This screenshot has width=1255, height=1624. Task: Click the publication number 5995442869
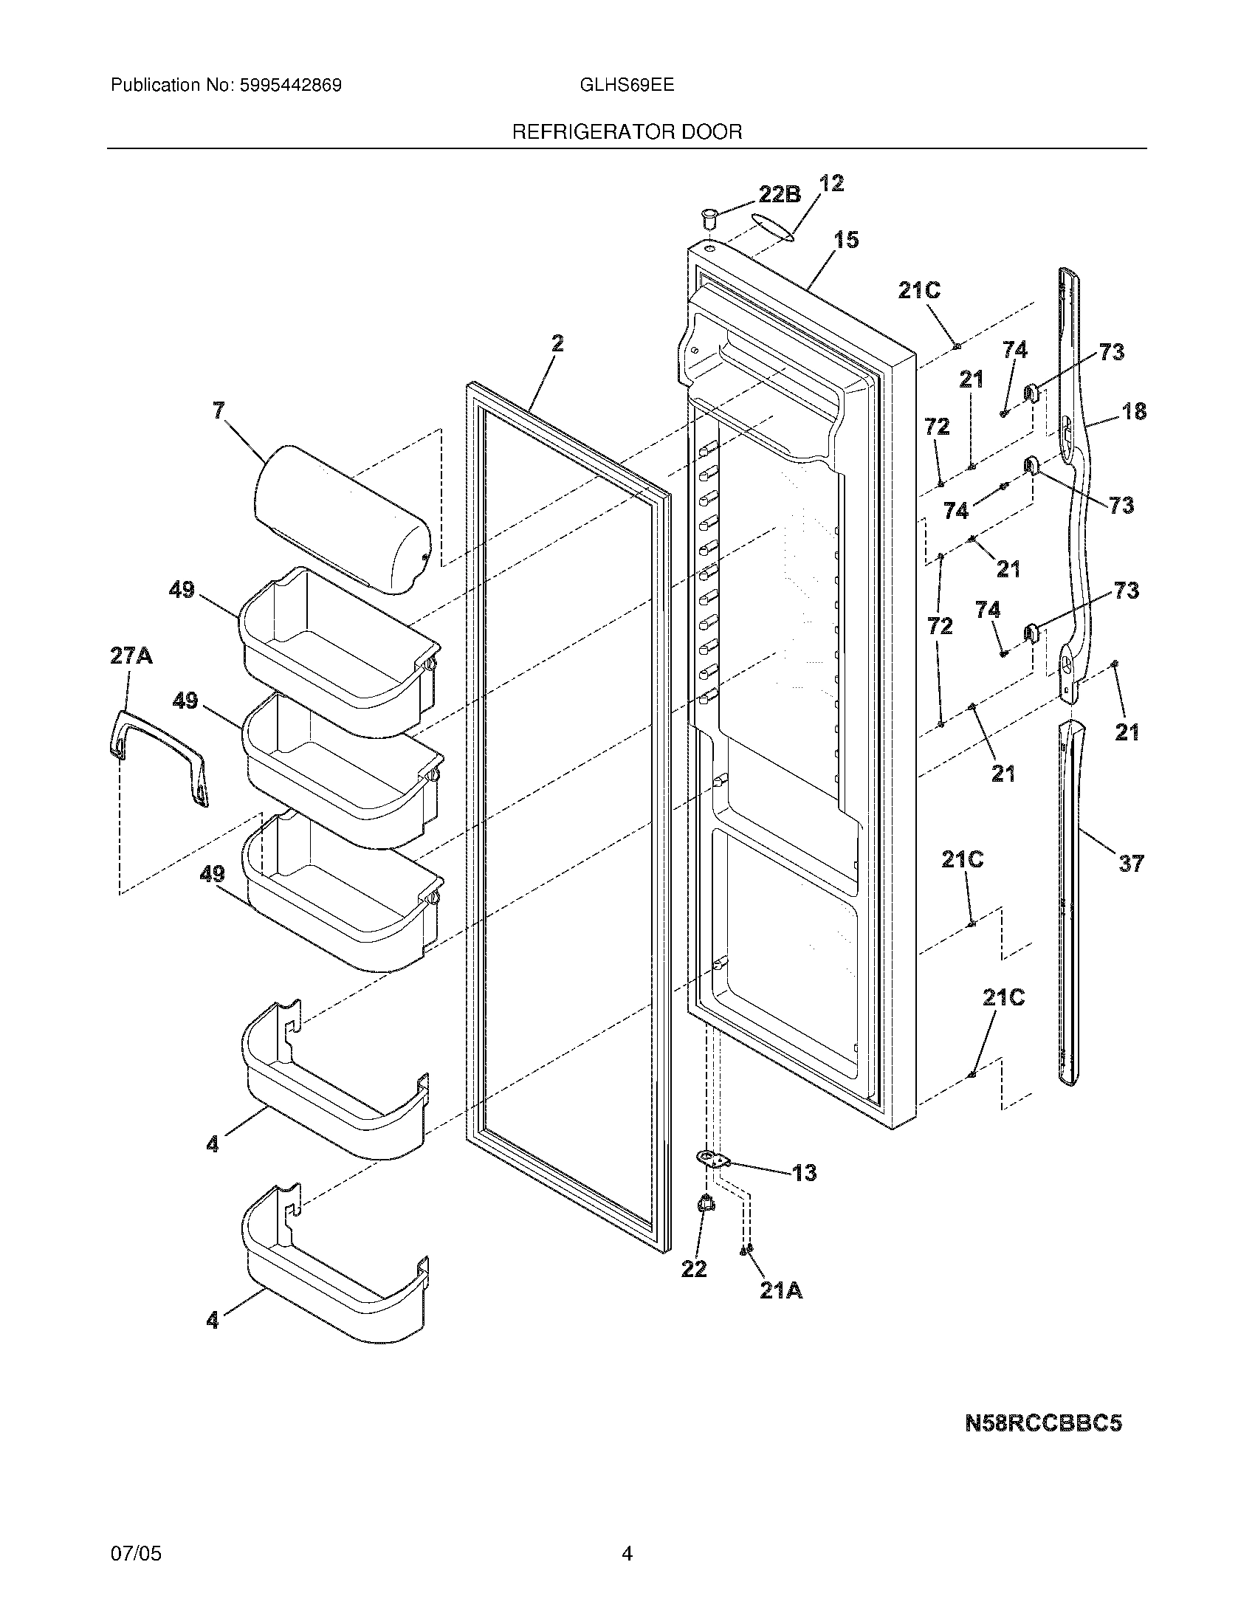tap(291, 86)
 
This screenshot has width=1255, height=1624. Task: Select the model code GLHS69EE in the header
tap(626, 86)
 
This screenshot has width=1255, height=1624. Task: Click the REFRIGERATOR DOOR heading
tap(627, 132)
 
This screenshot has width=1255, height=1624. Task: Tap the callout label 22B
tap(779, 194)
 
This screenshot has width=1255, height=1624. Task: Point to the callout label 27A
tap(131, 656)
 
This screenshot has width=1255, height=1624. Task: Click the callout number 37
tap(1130, 864)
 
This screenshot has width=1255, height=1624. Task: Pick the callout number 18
tap(1134, 411)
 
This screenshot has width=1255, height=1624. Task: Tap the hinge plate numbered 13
tap(713, 1157)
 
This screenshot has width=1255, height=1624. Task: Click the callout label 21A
tap(780, 1292)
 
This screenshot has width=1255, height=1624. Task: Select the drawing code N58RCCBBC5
tap(1042, 1423)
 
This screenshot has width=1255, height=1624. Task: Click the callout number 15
tap(846, 240)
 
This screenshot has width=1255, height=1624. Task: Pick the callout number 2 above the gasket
tap(557, 343)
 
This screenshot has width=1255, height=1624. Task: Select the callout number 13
tap(804, 1173)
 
